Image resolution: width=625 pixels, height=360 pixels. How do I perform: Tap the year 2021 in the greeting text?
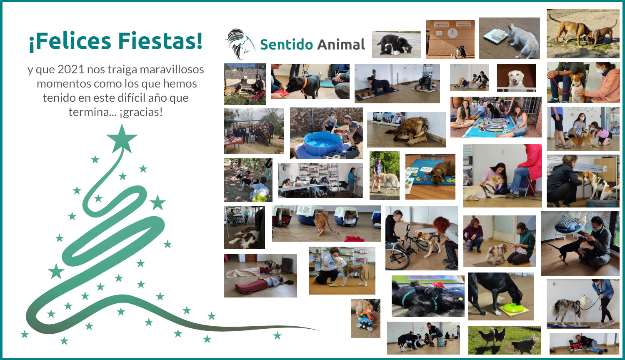click(x=71, y=70)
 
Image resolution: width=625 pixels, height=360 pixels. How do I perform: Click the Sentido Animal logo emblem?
click(x=240, y=44)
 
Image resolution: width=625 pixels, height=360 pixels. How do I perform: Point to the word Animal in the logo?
click(x=341, y=44)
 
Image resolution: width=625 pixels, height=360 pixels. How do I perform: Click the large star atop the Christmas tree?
click(x=122, y=139)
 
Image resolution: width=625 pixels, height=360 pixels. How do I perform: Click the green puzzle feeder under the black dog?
click(x=513, y=308)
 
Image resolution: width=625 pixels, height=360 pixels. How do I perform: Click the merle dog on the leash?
click(x=569, y=310)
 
